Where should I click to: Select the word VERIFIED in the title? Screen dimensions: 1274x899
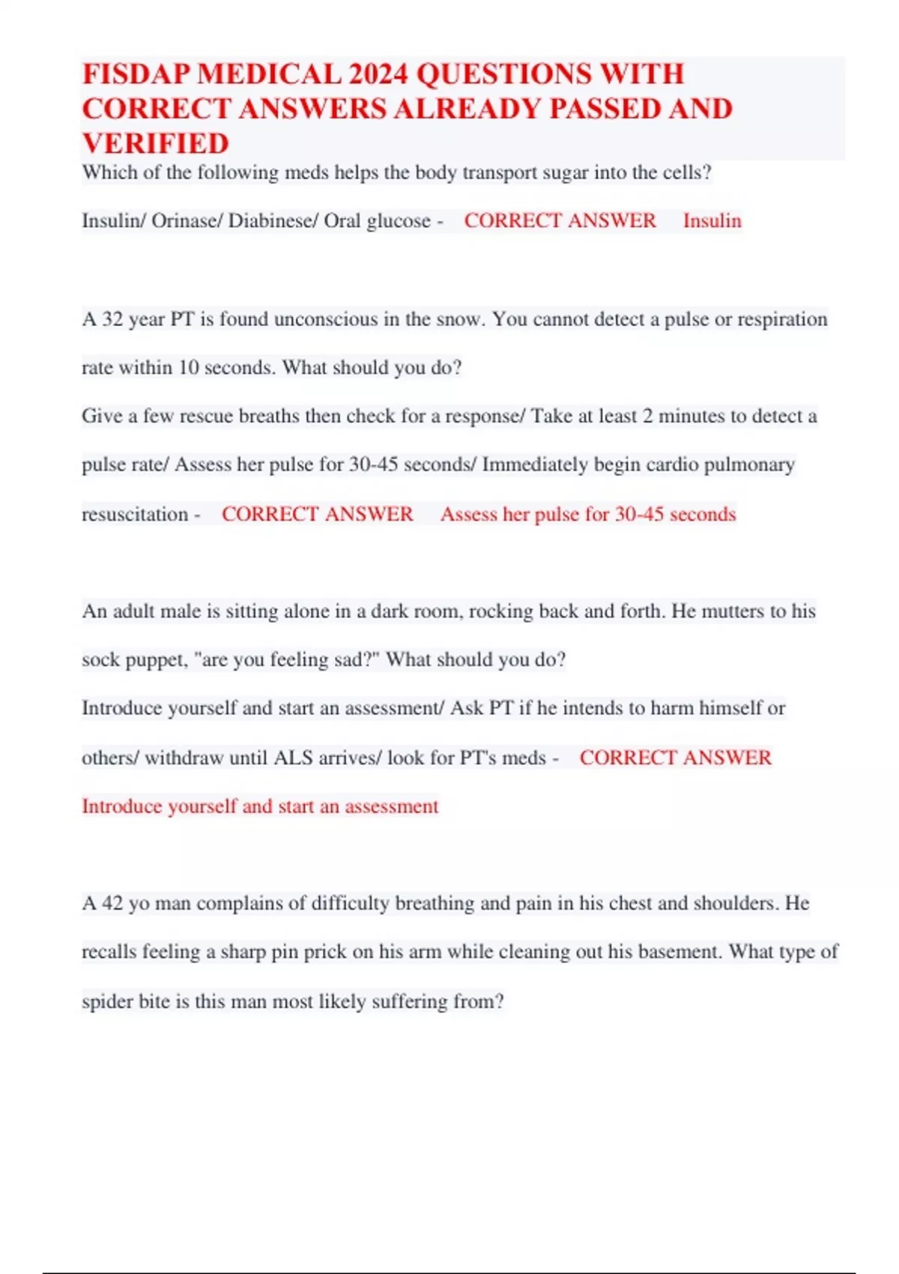[156, 143]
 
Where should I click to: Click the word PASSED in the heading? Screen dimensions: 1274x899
[604, 109]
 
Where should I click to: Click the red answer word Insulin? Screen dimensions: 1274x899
[712, 221]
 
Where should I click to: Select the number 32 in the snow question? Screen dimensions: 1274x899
[112, 319]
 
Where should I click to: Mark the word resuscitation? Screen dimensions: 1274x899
[135, 515]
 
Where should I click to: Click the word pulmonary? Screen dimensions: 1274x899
[748, 465]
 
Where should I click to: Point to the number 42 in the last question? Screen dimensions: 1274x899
[112, 903]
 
